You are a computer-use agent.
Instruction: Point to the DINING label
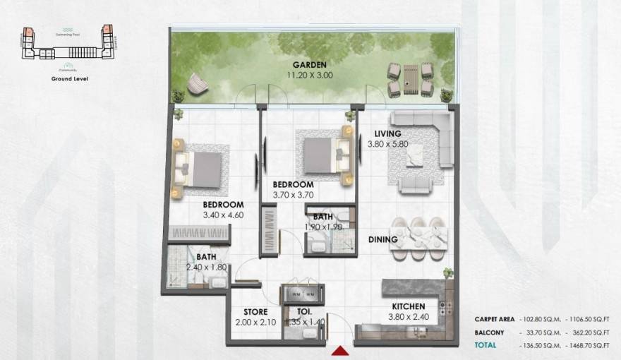click(383, 239)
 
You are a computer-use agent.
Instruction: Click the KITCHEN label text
click(409, 306)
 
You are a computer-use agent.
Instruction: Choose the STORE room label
click(255, 311)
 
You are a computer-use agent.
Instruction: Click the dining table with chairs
click(420, 234)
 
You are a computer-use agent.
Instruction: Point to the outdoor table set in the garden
click(409, 78)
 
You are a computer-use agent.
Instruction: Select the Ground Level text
click(68, 79)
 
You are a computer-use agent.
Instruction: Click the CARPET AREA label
click(494, 319)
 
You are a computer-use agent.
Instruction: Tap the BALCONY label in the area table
click(488, 332)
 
